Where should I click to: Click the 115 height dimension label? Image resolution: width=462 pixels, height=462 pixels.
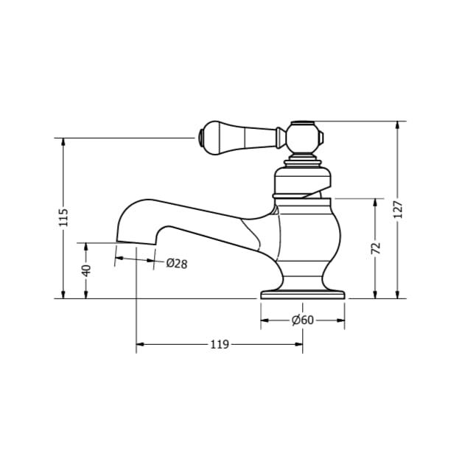coord(63,217)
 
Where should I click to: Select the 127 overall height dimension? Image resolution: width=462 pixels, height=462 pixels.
coord(398,210)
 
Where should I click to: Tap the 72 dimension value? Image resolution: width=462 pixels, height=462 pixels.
coord(376,248)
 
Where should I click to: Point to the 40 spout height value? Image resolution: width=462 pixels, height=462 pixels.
coord(86,270)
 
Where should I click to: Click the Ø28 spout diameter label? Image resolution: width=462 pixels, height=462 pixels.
coord(176,263)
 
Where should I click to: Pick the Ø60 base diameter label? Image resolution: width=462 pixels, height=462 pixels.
coord(303,320)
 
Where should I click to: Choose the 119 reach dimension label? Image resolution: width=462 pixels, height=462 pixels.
coord(220,344)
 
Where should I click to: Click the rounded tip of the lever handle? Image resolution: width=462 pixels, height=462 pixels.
coord(202,136)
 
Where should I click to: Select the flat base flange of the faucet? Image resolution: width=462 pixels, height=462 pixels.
coord(303,294)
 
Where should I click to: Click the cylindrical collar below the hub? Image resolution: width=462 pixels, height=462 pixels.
coord(303,181)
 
